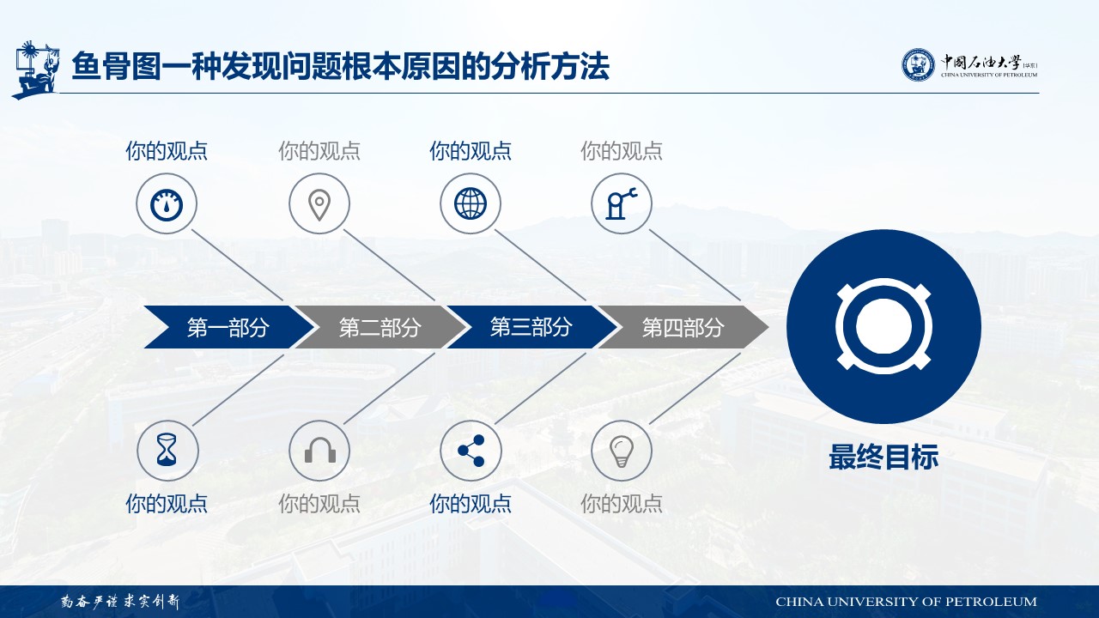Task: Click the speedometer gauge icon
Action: coord(167,204)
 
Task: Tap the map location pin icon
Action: coord(319,204)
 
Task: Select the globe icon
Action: coord(470,203)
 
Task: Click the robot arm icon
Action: coord(621,203)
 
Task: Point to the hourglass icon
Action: coord(167,449)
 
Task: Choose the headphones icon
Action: coord(320,450)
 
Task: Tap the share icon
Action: coord(471,451)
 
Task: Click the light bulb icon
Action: coord(622,451)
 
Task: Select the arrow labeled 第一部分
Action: coord(229,327)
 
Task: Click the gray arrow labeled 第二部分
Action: coord(381,327)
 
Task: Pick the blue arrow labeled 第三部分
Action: coord(532,327)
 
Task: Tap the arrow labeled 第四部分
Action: coord(683,327)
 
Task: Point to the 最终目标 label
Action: coord(883,457)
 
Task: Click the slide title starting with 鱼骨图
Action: coord(341,66)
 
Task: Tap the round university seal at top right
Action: coord(918,64)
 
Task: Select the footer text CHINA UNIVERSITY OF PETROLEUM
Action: coord(906,602)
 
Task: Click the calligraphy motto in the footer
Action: coord(121,602)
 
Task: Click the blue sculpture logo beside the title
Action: coord(36,70)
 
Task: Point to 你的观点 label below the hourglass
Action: coord(167,504)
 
